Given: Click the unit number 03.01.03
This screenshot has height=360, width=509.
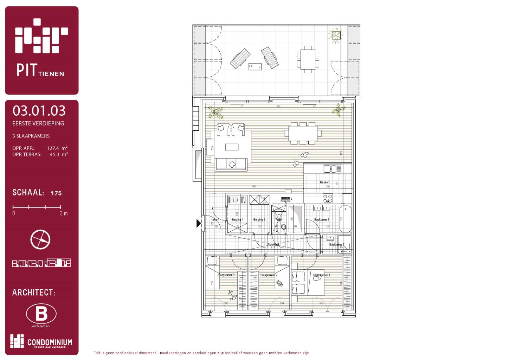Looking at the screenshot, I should pyautogui.click(x=39, y=111).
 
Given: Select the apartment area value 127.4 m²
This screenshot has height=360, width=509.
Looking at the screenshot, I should pyautogui.click(x=57, y=148).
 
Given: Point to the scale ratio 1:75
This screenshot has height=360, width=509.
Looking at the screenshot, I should pyautogui.click(x=56, y=193).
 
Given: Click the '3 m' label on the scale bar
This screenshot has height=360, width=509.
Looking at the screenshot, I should pyautogui.click(x=64, y=213).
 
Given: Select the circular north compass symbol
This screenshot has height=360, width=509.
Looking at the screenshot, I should pyautogui.click(x=40, y=240).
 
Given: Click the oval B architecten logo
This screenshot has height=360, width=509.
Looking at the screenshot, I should pyautogui.click(x=41, y=314).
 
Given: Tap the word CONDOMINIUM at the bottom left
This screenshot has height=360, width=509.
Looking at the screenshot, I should pyautogui.click(x=50, y=342).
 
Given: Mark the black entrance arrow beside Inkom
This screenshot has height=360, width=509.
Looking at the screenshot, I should pyautogui.click(x=199, y=223).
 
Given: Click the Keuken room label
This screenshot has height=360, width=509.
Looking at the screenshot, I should pyautogui.click(x=324, y=182).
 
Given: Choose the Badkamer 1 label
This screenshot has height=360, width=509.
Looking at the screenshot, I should pyautogui.click(x=322, y=220).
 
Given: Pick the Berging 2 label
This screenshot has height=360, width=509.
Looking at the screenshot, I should pyautogui.click(x=259, y=220).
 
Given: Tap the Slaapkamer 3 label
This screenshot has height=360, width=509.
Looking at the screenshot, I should pyautogui.click(x=226, y=275).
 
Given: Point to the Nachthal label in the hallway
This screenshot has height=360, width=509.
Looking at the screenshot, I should pyautogui.click(x=273, y=244).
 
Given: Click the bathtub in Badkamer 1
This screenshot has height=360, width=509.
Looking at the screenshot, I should pyautogui.click(x=346, y=219).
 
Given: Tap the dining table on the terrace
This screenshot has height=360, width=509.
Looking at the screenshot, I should pyautogui.click(x=308, y=59).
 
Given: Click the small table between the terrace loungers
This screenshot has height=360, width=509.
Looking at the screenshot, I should pyautogui.click(x=255, y=66).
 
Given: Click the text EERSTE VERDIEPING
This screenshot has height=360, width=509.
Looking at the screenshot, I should pyautogui.click(x=38, y=123).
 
